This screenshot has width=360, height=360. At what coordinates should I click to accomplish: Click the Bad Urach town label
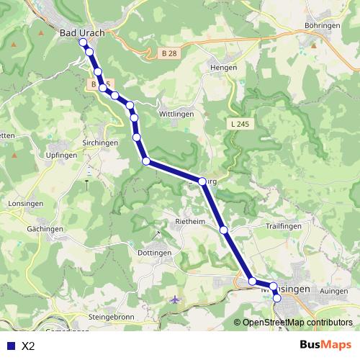click(x=81, y=32)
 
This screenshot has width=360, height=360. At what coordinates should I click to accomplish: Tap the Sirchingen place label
click(x=100, y=143)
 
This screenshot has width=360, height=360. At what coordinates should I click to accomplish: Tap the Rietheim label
click(x=192, y=220)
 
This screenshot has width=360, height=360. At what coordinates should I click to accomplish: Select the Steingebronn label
click(x=113, y=316)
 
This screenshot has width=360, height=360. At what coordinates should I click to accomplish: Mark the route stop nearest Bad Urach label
click(x=83, y=42)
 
